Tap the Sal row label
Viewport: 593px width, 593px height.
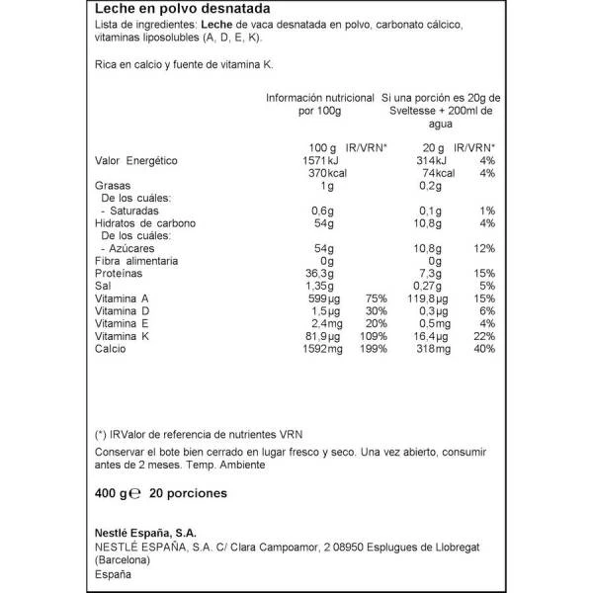pos(103,285)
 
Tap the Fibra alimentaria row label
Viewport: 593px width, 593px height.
pos(136,260)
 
